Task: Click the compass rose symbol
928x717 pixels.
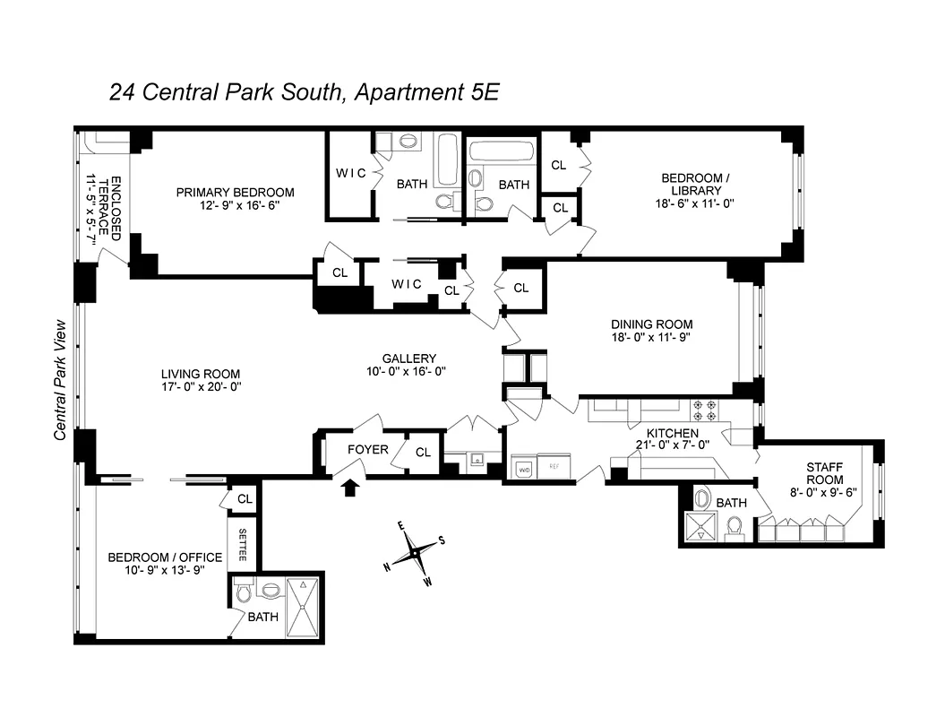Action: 414,554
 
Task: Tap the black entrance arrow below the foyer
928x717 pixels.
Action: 351,487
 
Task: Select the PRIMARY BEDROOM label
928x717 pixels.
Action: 235,192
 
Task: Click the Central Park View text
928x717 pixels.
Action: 61,380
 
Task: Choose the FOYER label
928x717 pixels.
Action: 368,448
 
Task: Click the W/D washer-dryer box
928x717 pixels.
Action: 522,467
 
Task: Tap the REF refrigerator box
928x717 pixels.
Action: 554,467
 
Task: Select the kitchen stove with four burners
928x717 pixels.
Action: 704,410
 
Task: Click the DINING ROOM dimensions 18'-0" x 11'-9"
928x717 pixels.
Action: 651,338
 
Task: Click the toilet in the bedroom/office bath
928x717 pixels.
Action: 242,592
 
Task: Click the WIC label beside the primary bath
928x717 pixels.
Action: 350,173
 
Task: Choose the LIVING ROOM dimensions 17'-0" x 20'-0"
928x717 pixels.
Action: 201,387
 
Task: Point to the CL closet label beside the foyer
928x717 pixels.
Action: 423,453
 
